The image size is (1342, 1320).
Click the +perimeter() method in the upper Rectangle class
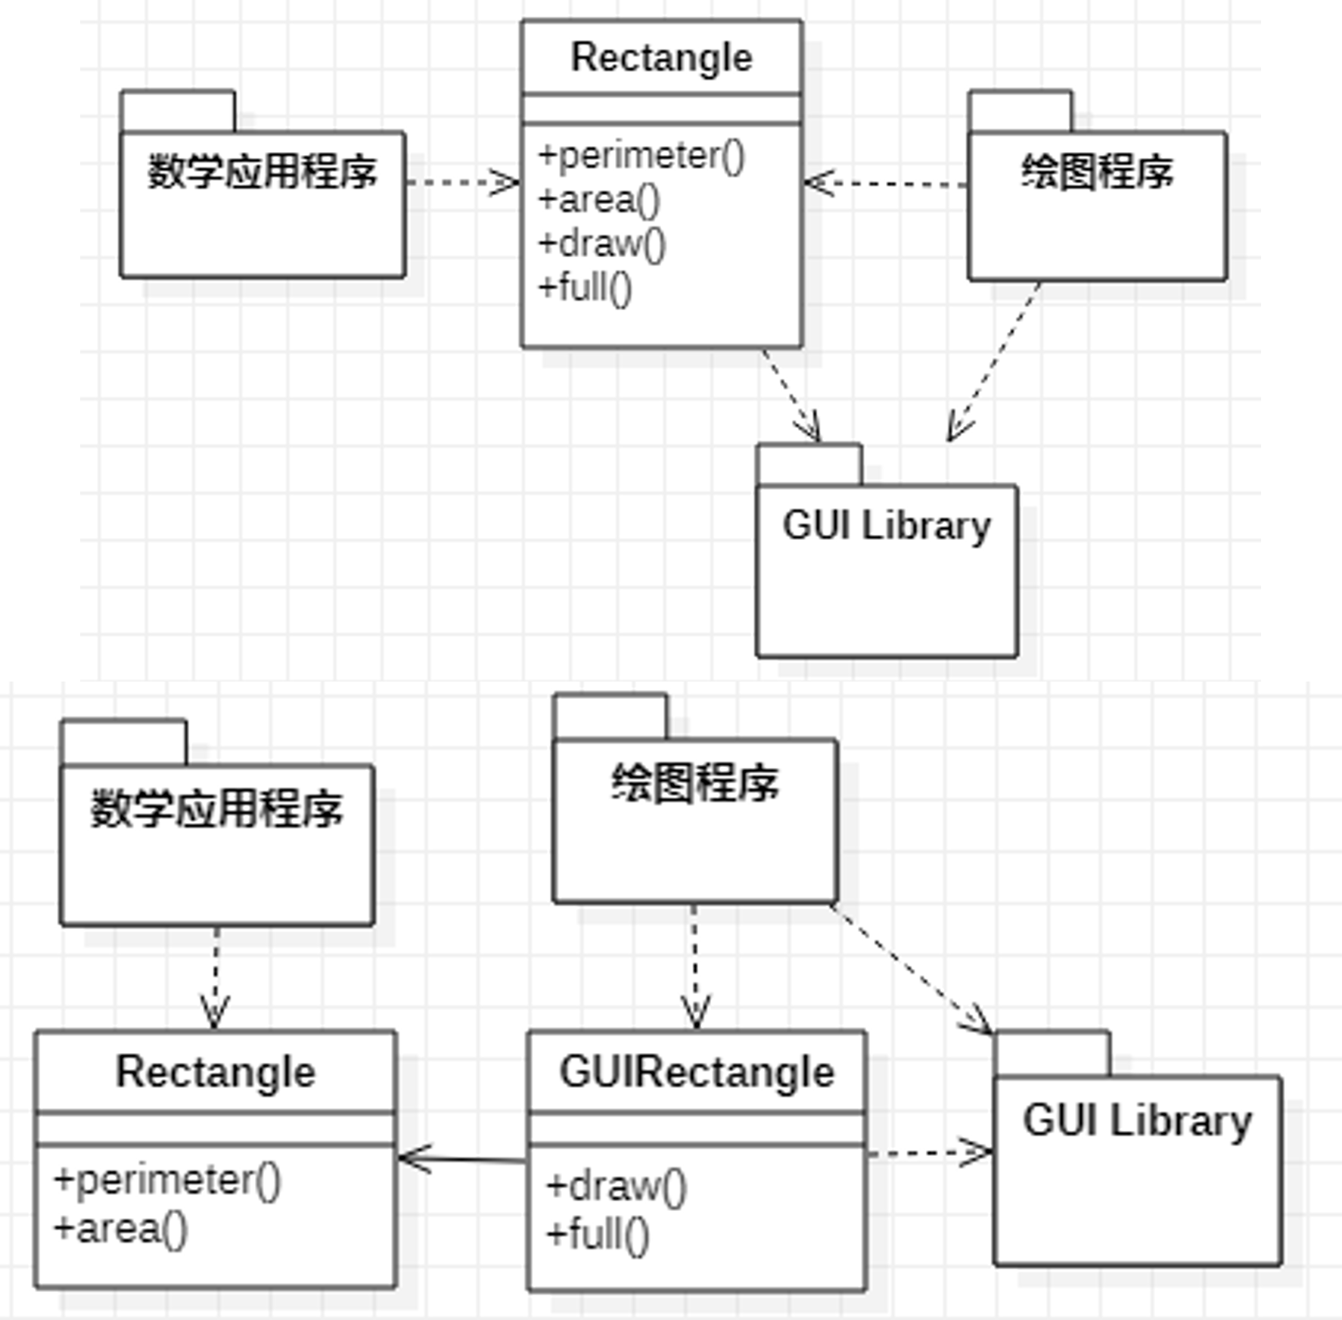[x=641, y=157]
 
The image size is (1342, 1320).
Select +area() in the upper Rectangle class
[x=598, y=200]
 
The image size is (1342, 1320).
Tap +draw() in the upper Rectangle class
[x=601, y=244]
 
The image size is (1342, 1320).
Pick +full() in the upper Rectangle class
[x=584, y=288]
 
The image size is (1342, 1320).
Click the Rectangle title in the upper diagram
[x=661, y=58]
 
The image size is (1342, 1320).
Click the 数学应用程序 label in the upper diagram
[x=262, y=172]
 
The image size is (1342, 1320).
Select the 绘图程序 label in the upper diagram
[x=1097, y=172]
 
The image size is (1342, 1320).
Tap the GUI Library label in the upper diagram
[x=887, y=526]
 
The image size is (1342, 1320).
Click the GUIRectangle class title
[x=697, y=1073]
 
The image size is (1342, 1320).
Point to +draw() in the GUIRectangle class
[x=616, y=1186]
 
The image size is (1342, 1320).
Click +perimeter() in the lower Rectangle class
[x=167, y=1180]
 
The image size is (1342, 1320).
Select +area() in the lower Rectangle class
[x=120, y=1228]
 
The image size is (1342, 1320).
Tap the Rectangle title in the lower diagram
[x=216, y=1073]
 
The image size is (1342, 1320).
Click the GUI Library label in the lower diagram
[x=1137, y=1121]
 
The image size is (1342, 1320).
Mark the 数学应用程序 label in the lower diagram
[x=216, y=809]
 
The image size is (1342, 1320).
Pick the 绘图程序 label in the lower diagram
[x=694, y=783]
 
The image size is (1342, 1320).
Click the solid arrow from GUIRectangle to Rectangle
[x=462, y=1159]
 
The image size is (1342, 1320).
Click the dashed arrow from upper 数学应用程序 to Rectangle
[x=462, y=182]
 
